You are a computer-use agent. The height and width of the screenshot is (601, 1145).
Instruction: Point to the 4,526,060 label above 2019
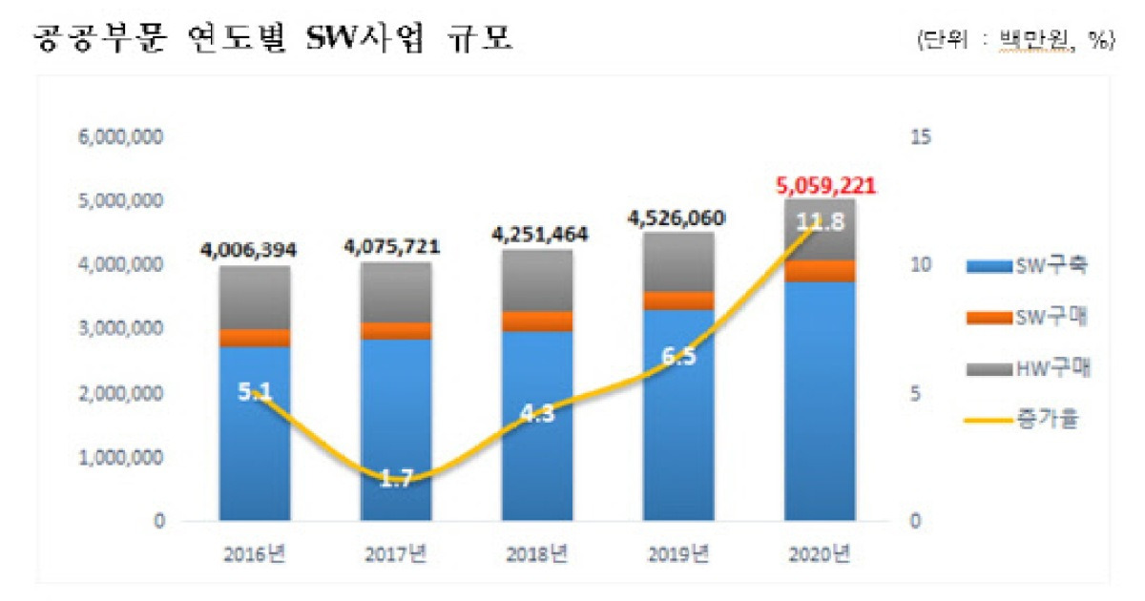(678, 217)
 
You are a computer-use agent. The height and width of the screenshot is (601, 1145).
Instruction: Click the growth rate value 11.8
(819, 223)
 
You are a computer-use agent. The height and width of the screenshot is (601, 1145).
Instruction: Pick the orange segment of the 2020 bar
(820, 271)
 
